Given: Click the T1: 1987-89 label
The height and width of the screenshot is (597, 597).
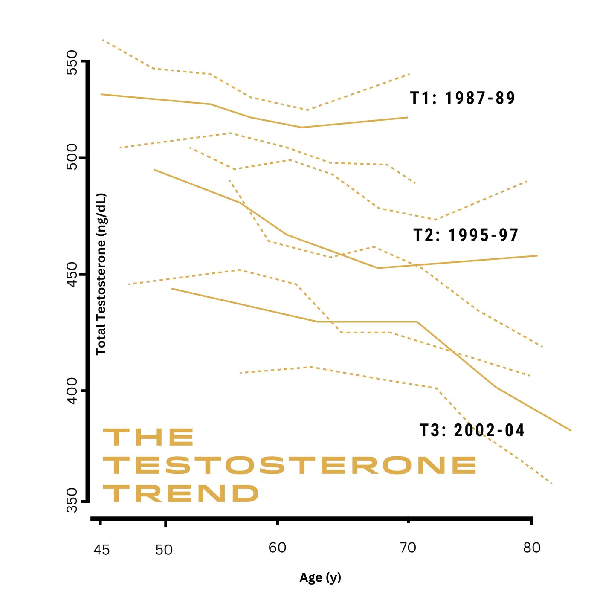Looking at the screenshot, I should pos(463,98).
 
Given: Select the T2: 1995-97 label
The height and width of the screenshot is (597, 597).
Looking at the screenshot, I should pos(466,235).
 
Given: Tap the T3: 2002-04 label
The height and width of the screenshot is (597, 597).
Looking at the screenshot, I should pos(472,430).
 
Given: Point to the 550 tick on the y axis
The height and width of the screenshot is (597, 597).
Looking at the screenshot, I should pos(72,62).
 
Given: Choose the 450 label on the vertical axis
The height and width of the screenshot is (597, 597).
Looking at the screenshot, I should pos(72,274).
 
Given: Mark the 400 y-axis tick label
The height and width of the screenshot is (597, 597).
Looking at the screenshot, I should pos(72,391).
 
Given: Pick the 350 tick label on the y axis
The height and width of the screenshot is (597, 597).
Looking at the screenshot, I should pos(72,501).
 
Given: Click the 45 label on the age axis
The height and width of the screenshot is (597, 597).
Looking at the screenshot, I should pos(101,550).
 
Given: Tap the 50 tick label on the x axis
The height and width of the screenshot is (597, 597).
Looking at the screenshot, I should pos(164,550).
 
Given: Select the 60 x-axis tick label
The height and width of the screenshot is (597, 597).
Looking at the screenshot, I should pos(277,548).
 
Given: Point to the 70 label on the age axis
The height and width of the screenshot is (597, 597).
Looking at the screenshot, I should pos(408,548).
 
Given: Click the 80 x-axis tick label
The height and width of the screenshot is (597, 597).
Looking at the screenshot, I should pos(532,548).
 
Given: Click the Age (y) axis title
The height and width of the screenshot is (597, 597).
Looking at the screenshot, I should pos(320,578).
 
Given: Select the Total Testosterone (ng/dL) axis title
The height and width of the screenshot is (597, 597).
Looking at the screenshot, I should pos(101,274).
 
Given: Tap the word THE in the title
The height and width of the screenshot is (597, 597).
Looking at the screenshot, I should pos(148,438).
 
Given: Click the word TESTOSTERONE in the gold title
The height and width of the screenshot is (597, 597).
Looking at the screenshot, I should pos(290,465).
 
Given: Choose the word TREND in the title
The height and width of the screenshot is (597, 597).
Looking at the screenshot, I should pos(181,493).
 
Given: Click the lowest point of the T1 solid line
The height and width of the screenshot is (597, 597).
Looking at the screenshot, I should pos(301,127).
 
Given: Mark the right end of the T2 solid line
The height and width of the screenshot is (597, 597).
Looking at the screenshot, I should pos(537,255).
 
